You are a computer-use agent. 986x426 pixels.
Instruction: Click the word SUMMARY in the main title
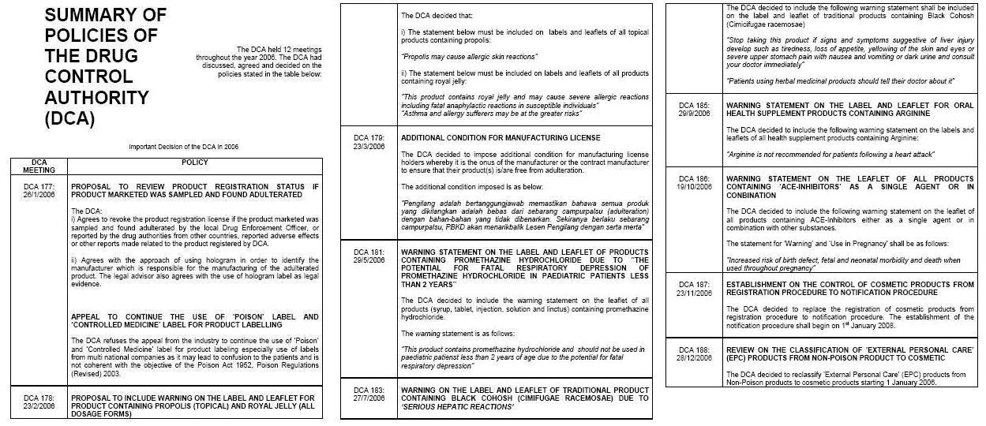click(x=105, y=15)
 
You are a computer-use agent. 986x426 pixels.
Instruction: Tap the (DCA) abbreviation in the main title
click(x=69, y=119)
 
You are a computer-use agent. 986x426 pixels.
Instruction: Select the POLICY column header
click(x=194, y=163)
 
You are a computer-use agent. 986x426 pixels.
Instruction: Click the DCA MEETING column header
click(x=39, y=166)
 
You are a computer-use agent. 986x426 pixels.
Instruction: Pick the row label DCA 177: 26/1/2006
click(x=39, y=190)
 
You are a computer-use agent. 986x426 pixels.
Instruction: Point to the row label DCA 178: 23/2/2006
click(x=39, y=402)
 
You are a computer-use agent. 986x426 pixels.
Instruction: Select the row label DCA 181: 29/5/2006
click(x=368, y=256)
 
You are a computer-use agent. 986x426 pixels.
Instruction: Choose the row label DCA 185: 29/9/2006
click(x=694, y=109)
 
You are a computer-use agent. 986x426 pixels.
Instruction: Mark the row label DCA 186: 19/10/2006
click(x=695, y=183)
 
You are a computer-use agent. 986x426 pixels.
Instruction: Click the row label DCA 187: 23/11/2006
click(x=695, y=289)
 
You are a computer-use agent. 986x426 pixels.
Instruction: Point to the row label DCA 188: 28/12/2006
click(x=695, y=352)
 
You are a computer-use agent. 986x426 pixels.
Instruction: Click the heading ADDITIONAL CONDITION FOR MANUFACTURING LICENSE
click(x=500, y=138)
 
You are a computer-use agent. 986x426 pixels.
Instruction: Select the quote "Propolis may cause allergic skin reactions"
click(x=470, y=57)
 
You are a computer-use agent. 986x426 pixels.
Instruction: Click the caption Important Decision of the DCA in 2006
click(x=183, y=147)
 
